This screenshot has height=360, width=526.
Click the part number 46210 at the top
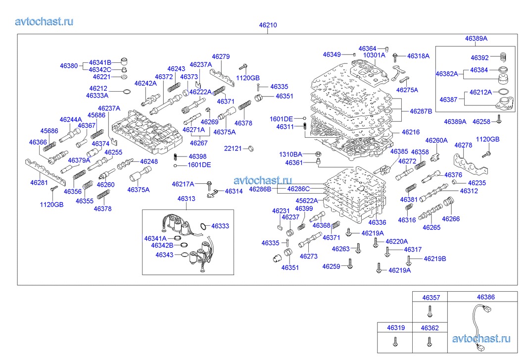tap(268, 25)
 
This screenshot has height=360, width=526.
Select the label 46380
tap(69, 65)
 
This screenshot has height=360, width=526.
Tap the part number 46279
tap(221, 56)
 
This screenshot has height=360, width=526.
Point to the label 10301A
tap(374, 55)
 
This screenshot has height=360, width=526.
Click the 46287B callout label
tap(421, 111)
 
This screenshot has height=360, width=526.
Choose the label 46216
tap(411, 132)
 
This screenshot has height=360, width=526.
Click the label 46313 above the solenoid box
tap(186, 199)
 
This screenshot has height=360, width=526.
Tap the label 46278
tap(463, 145)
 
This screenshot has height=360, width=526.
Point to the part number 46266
tap(450, 218)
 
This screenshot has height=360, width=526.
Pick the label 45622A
tap(307, 201)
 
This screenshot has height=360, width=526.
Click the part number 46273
tap(309, 257)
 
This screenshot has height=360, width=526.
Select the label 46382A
tap(447, 74)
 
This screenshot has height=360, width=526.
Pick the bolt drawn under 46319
tap(394, 341)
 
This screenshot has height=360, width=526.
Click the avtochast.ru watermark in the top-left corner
tap(45, 21)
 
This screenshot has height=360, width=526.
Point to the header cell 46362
tap(430, 328)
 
